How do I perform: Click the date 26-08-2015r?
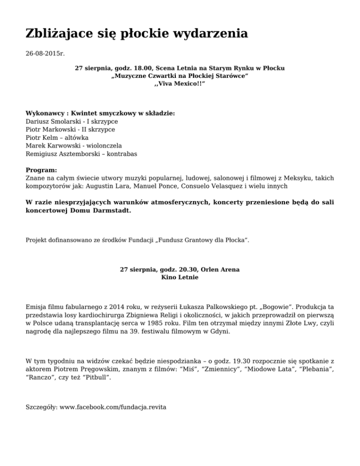point(45,54)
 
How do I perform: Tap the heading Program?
point(41,170)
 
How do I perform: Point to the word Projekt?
point(37,241)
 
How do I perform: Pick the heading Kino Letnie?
point(180,278)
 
